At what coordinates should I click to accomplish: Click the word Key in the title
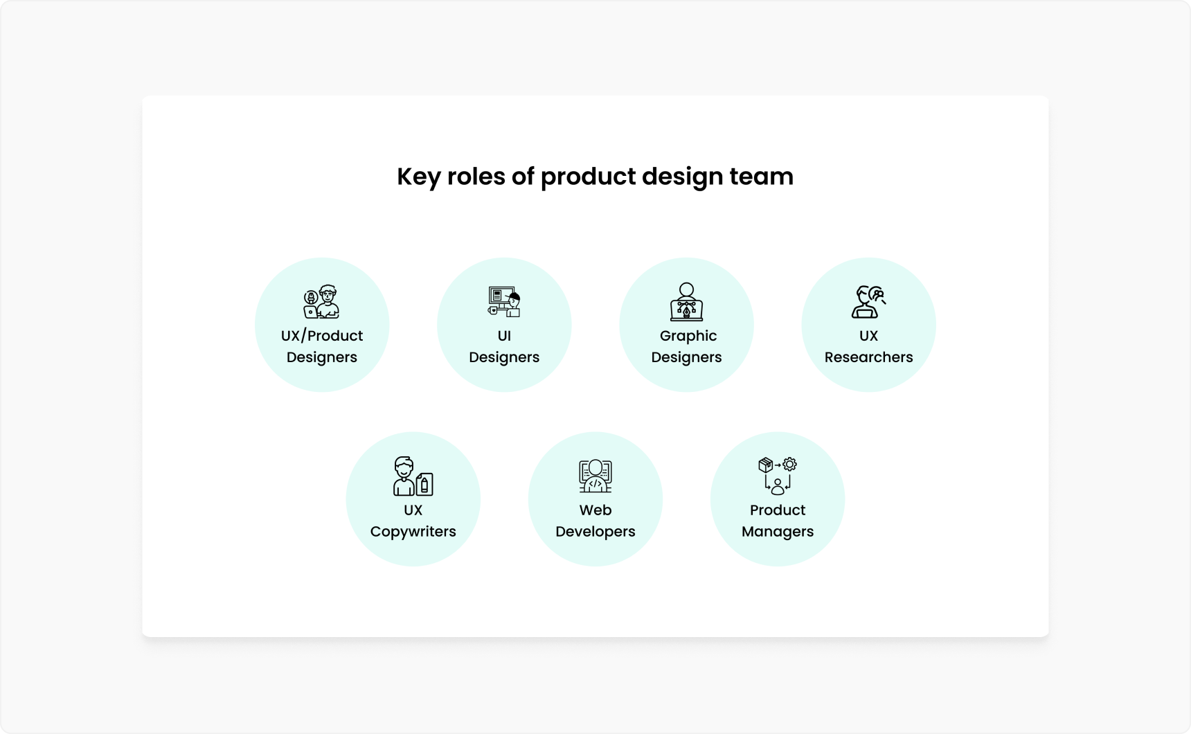click(x=418, y=177)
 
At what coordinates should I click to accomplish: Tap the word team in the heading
click(x=761, y=177)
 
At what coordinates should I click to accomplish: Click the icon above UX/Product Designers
click(x=322, y=302)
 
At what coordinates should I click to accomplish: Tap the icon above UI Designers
click(x=504, y=302)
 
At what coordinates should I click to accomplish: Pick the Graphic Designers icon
click(x=686, y=302)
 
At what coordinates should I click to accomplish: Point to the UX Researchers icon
click(x=868, y=302)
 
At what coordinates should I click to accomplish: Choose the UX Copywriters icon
click(x=413, y=476)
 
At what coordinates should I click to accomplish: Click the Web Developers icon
click(x=595, y=476)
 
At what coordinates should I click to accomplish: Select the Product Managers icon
click(x=778, y=476)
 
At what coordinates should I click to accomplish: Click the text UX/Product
click(x=322, y=336)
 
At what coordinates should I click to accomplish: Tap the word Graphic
click(x=688, y=336)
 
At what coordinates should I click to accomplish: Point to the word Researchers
click(x=868, y=357)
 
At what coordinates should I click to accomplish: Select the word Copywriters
click(x=413, y=532)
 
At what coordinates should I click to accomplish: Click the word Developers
click(x=595, y=532)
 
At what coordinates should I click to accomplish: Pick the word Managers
click(x=778, y=532)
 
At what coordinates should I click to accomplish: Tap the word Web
click(x=595, y=510)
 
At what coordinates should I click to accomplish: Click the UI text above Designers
click(x=504, y=336)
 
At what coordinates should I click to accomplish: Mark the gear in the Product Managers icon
click(x=789, y=464)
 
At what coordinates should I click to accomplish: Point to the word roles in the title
click(x=476, y=177)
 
